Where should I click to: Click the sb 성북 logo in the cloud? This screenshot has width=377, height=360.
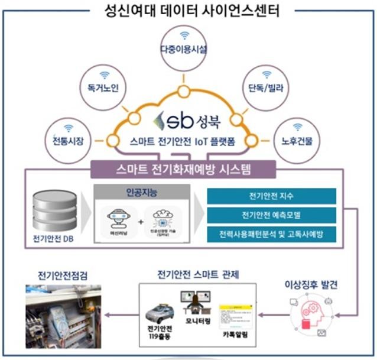185,121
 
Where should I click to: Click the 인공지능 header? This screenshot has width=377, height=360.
142,192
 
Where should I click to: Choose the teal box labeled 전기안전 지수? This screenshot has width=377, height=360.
272,196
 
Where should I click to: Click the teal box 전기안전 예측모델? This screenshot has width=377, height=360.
272,215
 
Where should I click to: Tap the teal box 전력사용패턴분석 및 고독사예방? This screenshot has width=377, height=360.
272,234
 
